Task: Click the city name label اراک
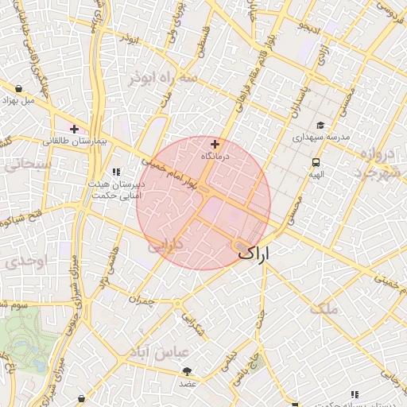(254, 254)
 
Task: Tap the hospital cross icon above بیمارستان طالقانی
(74, 128)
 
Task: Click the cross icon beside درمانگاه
(215, 145)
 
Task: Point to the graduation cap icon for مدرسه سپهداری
(320, 125)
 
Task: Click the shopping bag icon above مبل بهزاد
(18, 88)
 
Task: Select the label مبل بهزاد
(18, 101)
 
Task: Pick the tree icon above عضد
(188, 372)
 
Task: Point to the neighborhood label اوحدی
(16, 262)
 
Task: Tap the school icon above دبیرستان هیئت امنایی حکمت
(116, 171)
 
